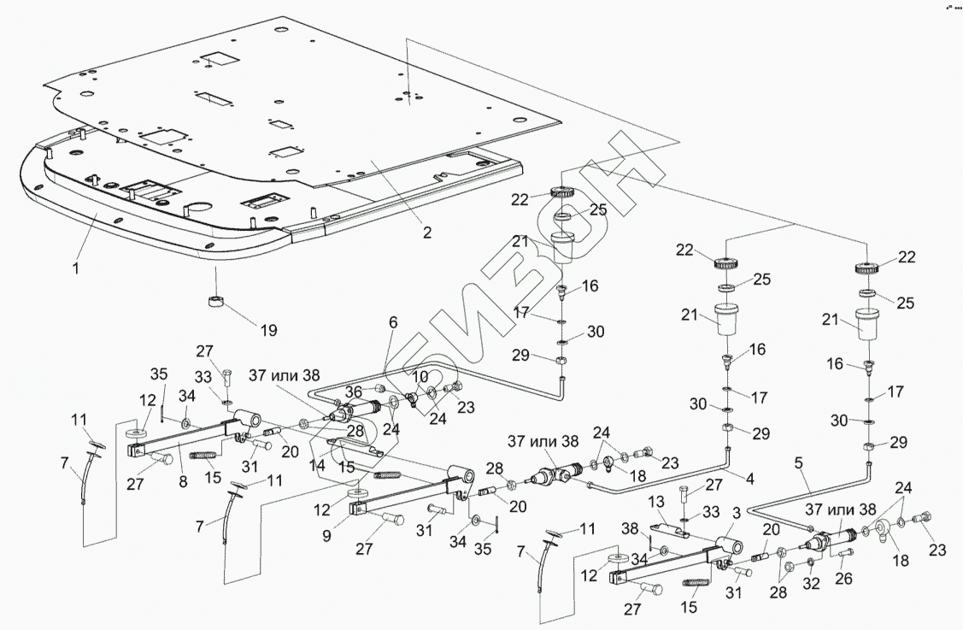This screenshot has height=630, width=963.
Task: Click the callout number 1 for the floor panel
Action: point(75,268)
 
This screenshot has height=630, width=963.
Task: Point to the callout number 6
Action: point(393,322)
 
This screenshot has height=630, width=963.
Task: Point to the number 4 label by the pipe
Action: point(749,480)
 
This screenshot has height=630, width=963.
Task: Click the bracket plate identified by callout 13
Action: point(675,532)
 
